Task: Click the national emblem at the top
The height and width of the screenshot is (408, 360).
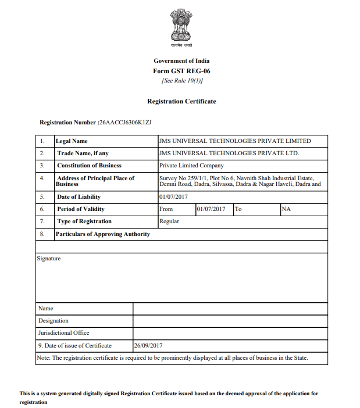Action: point(181,27)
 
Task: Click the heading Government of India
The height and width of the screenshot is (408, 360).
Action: point(181,61)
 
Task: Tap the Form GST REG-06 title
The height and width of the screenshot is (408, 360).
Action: point(181,71)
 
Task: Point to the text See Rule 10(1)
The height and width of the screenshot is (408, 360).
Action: point(181,80)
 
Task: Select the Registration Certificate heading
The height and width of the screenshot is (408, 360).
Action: point(181,102)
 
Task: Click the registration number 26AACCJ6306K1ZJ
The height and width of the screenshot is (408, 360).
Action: point(126,123)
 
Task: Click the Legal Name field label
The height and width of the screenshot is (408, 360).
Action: point(72,141)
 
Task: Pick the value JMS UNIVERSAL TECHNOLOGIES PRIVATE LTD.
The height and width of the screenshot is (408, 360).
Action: point(229,153)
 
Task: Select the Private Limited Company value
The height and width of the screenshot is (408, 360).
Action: point(191,166)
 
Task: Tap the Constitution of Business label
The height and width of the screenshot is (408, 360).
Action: point(89,166)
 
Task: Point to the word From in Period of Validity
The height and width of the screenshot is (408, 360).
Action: point(166,209)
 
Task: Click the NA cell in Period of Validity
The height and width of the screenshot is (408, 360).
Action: point(286,209)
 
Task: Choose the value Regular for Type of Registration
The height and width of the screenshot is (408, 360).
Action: point(169,221)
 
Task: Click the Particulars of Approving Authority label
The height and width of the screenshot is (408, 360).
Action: point(103,234)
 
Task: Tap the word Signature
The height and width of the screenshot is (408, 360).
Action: point(49,259)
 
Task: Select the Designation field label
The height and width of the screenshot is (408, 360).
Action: point(54,321)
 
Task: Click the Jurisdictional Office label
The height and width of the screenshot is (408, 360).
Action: point(64,333)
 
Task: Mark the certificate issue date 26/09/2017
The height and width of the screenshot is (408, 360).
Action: point(148,346)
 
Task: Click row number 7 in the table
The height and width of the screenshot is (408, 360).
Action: point(42,221)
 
